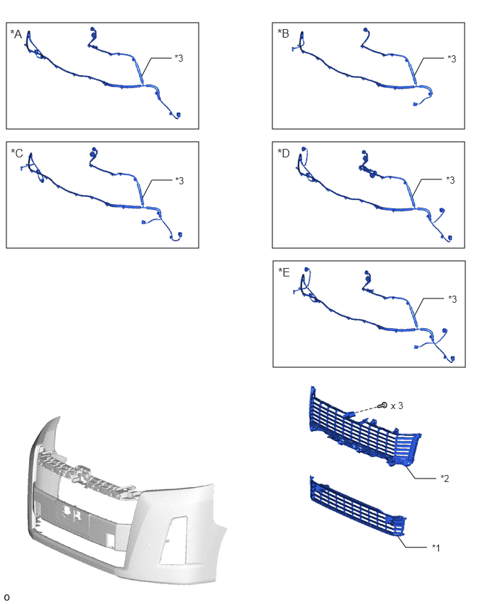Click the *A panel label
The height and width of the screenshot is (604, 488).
16,34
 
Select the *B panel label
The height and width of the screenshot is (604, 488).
283,33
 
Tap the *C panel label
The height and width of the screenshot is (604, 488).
17,153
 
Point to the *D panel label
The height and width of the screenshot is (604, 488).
283,153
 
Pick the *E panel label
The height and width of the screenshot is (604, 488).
284,272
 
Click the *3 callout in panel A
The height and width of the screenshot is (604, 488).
179,58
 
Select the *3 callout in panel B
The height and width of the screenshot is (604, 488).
452,59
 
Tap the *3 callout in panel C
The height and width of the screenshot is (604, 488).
179,181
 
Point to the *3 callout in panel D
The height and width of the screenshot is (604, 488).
450,180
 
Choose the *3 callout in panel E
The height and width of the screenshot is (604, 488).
453,299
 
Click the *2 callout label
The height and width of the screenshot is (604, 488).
445,479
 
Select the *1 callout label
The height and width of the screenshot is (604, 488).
436,547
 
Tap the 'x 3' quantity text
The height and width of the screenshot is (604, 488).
396,406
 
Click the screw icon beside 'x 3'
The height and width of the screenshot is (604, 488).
383,405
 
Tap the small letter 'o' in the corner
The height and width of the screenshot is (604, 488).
6,597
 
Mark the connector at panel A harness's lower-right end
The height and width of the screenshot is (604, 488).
179,115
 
